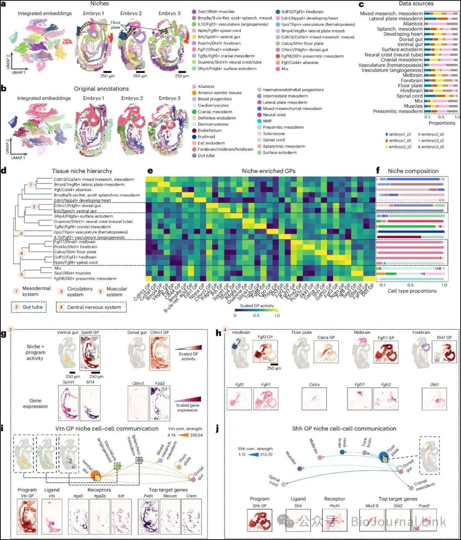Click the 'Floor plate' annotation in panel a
click(x=115, y=25)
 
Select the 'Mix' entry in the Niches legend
click(x=285, y=69)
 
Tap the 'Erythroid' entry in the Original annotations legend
click(x=206, y=137)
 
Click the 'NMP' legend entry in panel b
click(x=267, y=121)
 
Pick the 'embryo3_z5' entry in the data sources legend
click(x=432, y=147)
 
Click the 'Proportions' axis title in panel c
click(x=442, y=123)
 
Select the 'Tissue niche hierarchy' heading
click(x=82, y=171)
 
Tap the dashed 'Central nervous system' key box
click(x=91, y=307)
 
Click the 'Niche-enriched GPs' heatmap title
click(x=268, y=171)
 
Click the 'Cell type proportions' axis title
click(x=412, y=291)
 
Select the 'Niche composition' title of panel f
click(x=413, y=171)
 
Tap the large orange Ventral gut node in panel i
click(x=95, y=475)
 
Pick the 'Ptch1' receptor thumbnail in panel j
click(x=335, y=520)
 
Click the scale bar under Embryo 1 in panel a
click(x=107, y=72)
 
